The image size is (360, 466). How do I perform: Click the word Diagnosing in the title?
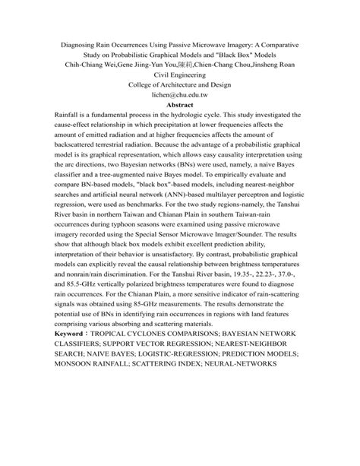[x=82, y=44]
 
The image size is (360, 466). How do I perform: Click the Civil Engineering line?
[x=179, y=76]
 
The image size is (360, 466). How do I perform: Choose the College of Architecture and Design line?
[x=179, y=87]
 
